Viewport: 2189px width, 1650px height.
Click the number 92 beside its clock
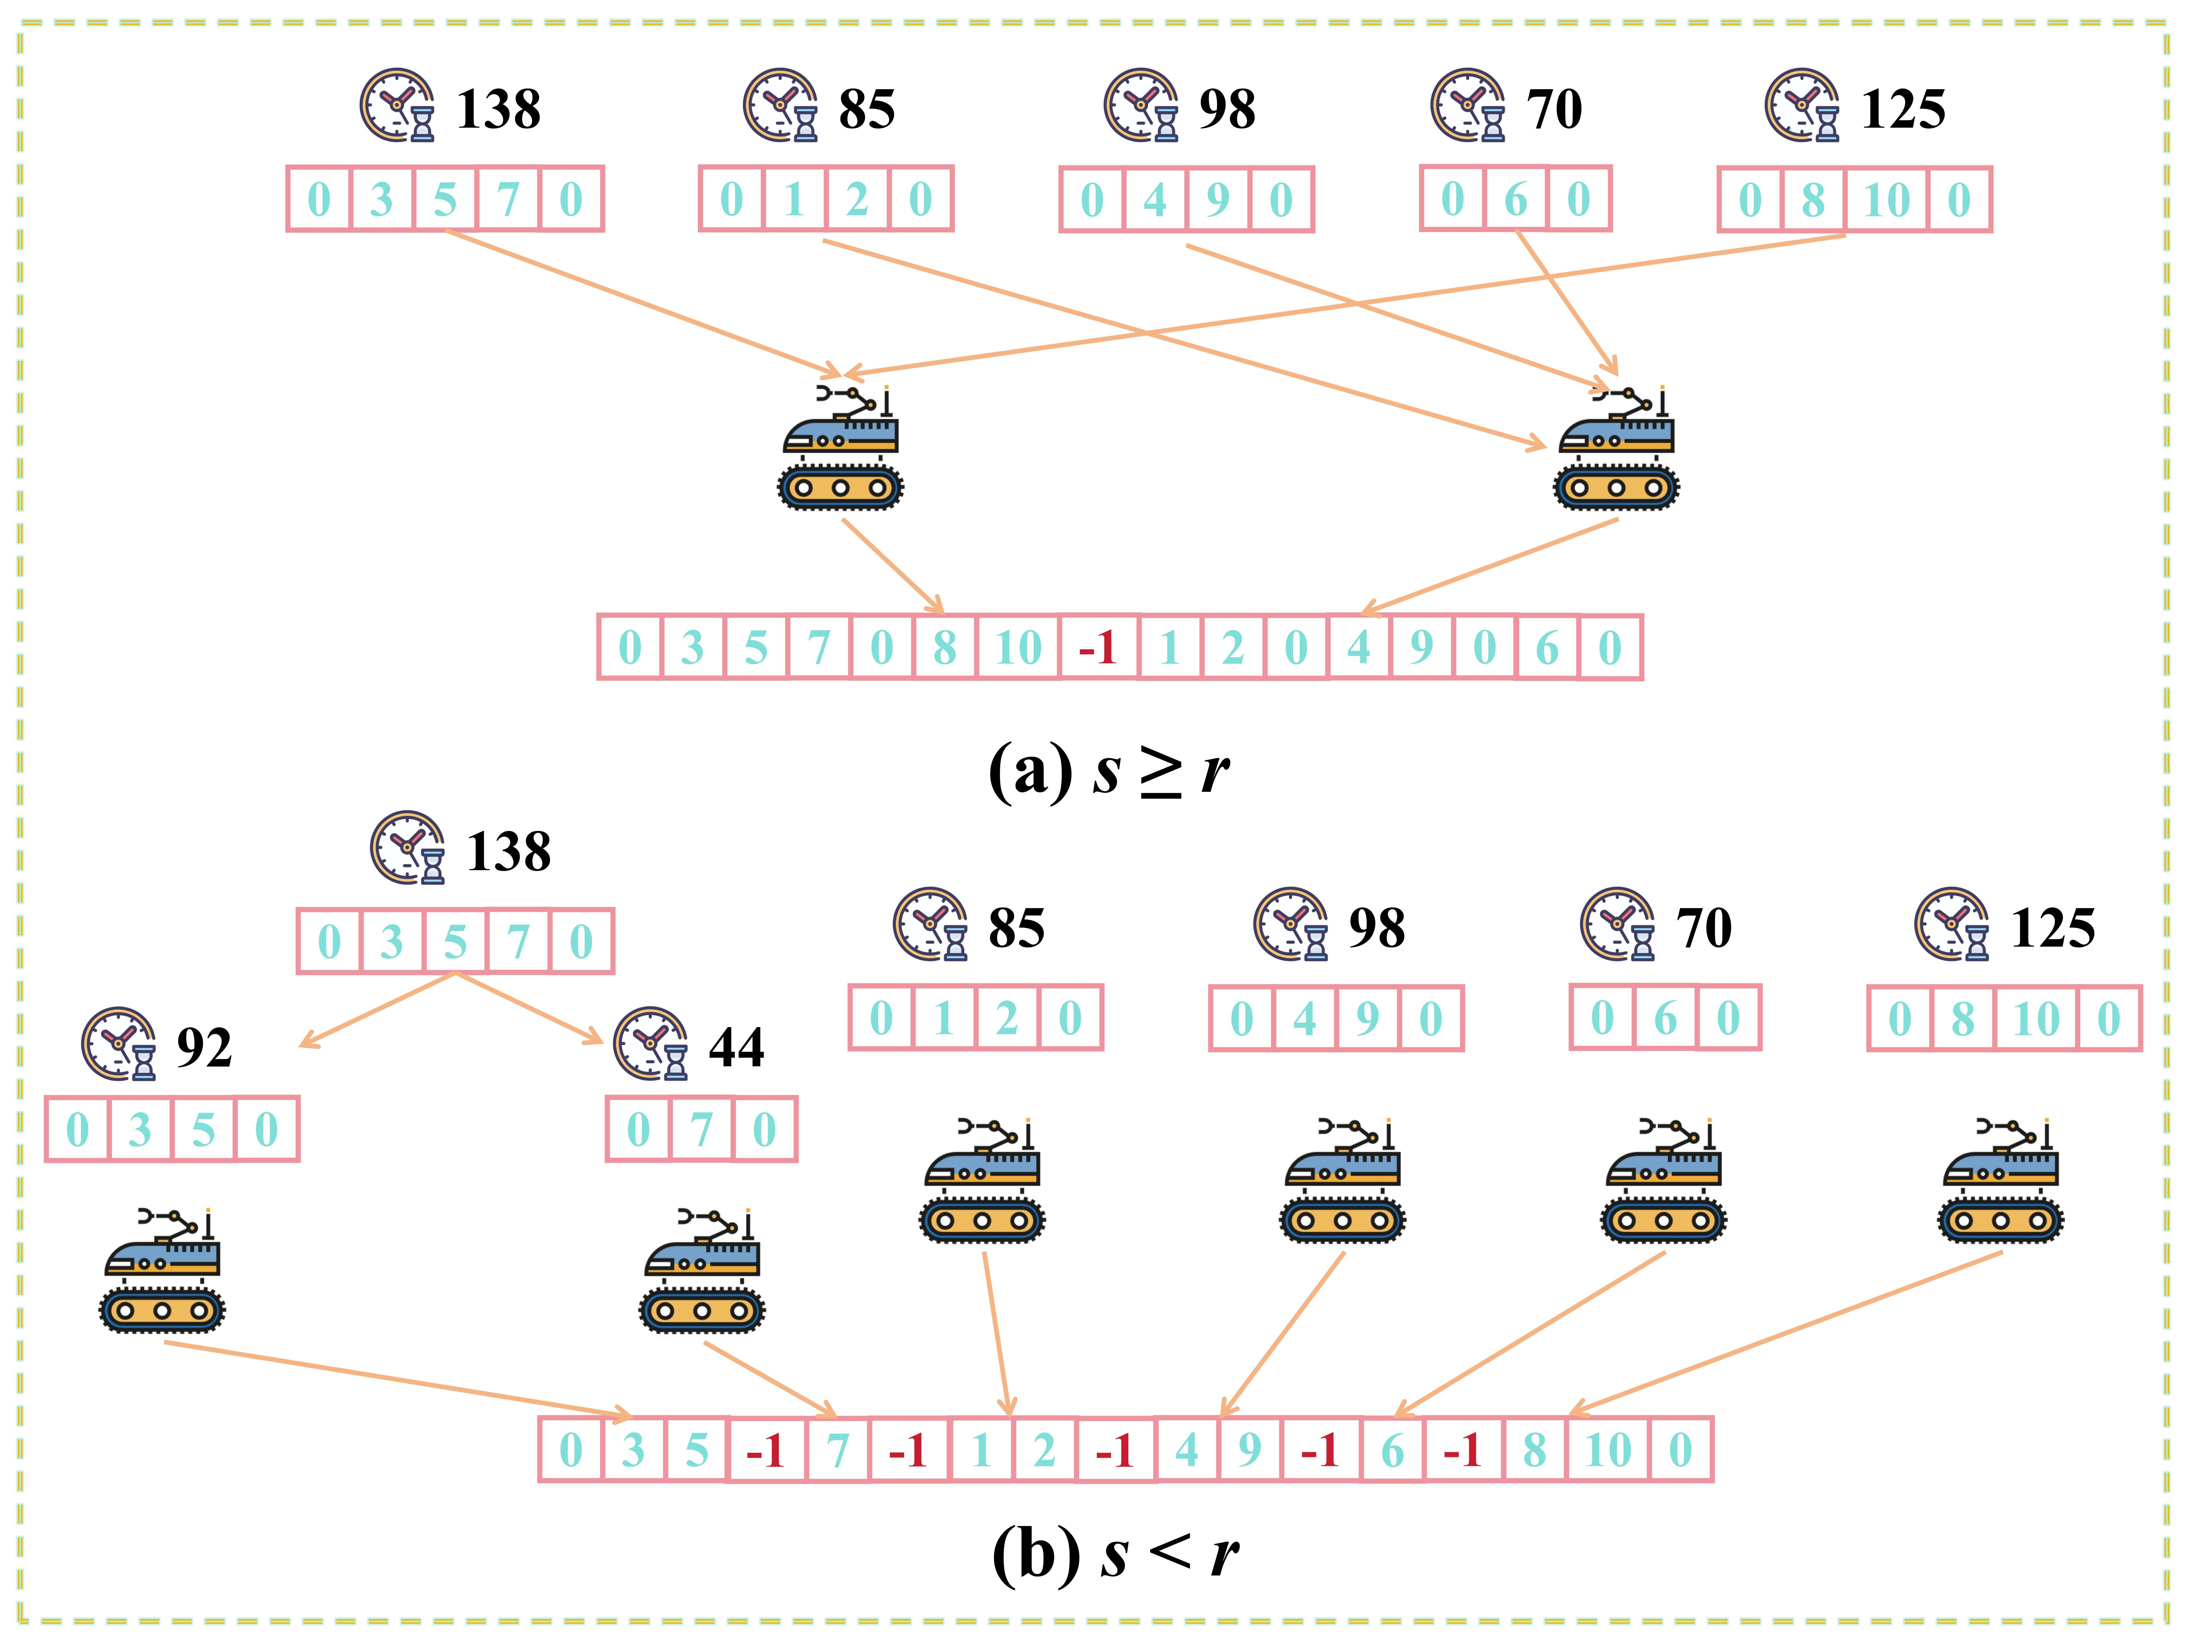pyautogui.click(x=204, y=1047)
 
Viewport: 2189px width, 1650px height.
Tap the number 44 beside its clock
pyautogui.click(x=736, y=1047)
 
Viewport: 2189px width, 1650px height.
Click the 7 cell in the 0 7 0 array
pyautogui.click(x=702, y=1129)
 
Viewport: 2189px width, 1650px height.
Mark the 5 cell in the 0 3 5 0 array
pyautogui.click(x=203, y=1129)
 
